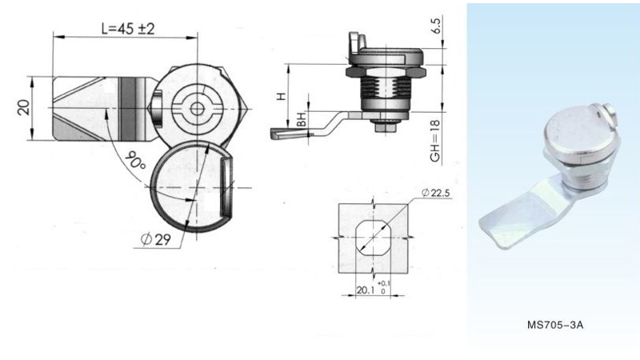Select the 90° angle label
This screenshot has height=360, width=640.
tap(135, 162)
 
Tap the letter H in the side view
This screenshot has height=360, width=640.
tap(279, 97)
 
